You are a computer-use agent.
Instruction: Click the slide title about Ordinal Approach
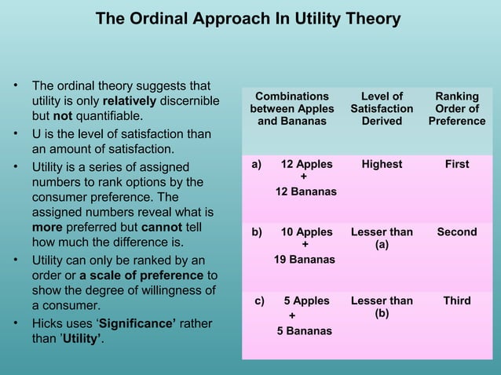point(247,18)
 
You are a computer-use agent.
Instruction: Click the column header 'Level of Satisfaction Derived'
point(382,109)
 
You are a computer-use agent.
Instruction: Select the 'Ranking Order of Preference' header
point(456,109)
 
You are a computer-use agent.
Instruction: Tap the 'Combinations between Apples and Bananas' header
point(292,109)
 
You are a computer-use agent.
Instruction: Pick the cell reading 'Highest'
point(382,165)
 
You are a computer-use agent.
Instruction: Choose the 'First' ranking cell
point(456,165)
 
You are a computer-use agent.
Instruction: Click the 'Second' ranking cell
point(456,232)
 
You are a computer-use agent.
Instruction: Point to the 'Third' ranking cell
point(456,300)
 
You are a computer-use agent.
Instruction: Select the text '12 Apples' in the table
point(306,165)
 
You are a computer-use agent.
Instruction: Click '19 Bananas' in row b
point(305,259)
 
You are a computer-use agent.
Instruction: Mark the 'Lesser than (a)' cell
point(382,238)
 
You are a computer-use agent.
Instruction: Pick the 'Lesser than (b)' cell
point(382,307)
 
